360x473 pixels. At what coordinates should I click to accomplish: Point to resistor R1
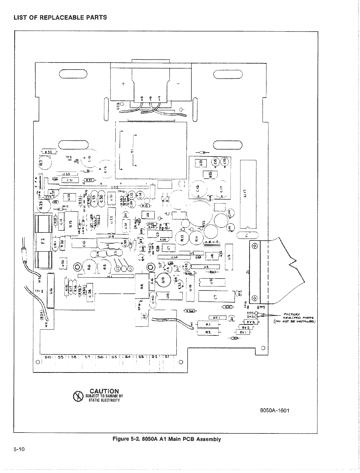208,324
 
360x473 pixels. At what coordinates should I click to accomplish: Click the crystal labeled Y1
247,235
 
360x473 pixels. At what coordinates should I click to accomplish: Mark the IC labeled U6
51,289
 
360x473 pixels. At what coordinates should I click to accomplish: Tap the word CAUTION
104,391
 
